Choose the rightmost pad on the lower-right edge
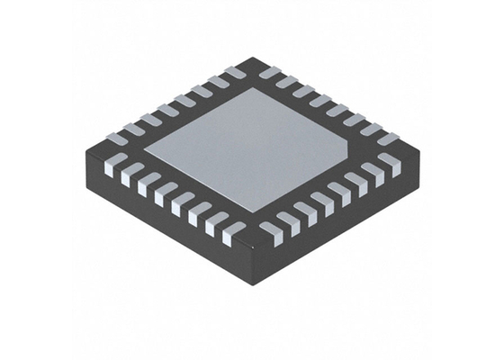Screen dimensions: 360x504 coord(389,164)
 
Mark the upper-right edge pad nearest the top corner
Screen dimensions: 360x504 coord(270,72)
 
